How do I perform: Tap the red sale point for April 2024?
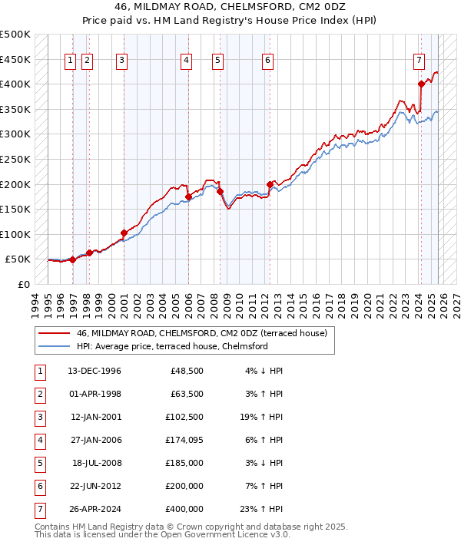pyautogui.click(x=421, y=84)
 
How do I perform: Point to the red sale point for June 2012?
pyautogui.click(x=270, y=184)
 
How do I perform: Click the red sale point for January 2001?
pyautogui.click(x=124, y=233)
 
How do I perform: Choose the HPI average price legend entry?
pyautogui.click(x=171, y=347)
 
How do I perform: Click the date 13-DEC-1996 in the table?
pyautogui.click(x=94, y=371)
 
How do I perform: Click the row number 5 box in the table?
pyautogui.click(x=38, y=463)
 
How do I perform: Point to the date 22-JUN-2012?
pyautogui.click(x=94, y=486)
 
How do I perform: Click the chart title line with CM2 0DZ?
pyautogui.click(x=230, y=8)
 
